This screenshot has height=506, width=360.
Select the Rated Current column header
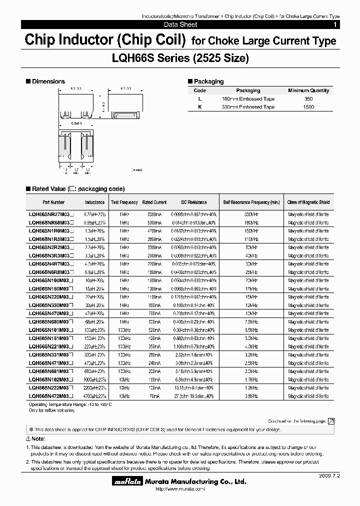click(x=154, y=202)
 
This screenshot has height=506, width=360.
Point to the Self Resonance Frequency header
click(x=251, y=202)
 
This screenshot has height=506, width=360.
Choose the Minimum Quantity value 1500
click(x=308, y=107)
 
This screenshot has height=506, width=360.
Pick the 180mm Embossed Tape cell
click(x=248, y=99)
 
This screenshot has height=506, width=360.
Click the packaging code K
click(x=199, y=107)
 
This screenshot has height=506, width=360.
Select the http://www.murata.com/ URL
click(x=178, y=489)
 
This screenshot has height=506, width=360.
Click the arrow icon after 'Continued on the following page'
click(x=331, y=421)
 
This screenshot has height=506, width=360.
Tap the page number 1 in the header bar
click(x=334, y=24)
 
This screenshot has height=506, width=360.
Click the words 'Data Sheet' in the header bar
click(x=180, y=24)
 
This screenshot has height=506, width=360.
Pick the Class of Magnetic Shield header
click(x=308, y=202)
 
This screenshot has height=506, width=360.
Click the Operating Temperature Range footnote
click(x=70, y=403)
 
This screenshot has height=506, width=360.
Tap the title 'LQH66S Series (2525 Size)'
click(x=180, y=58)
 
